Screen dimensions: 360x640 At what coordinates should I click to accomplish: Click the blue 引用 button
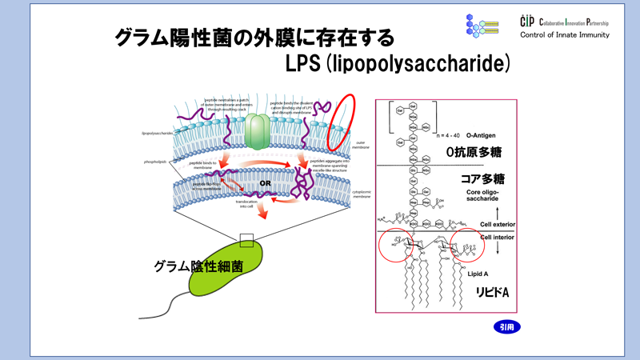505,327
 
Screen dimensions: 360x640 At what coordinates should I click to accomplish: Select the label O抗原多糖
477,150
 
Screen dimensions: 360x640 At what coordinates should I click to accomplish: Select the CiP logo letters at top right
526,21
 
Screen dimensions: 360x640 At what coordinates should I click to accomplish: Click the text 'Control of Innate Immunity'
564,34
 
